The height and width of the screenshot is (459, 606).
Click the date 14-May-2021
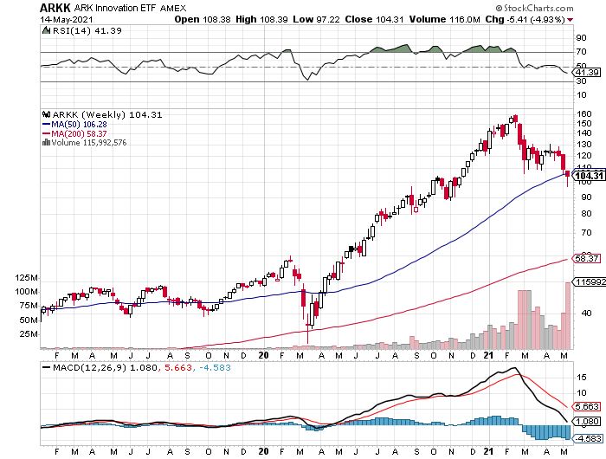coord(62,18)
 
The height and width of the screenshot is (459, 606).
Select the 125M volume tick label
coord(26,277)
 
